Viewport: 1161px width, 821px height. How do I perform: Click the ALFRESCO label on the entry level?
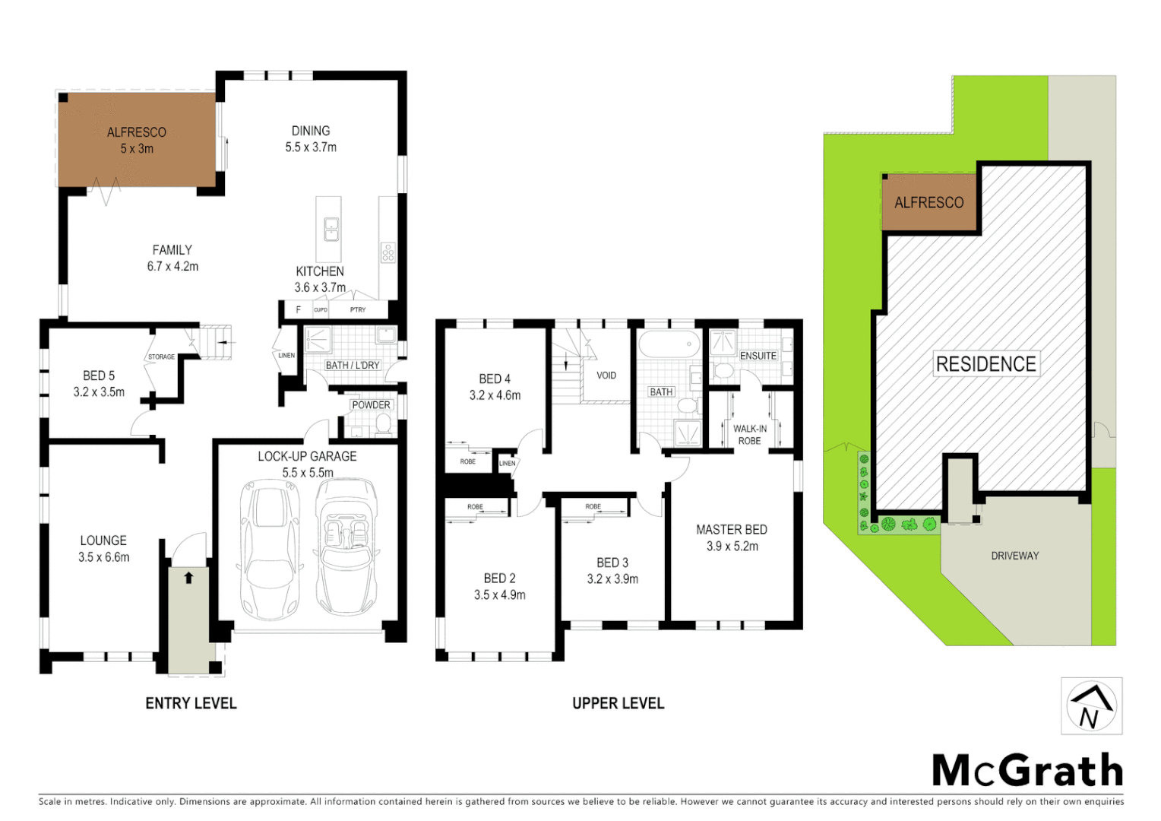(x=137, y=132)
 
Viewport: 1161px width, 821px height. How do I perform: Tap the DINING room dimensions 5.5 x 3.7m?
(x=311, y=147)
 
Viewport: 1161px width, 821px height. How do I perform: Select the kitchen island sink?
(x=331, y=229)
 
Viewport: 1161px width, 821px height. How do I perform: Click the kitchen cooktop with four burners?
(x=388, y=252)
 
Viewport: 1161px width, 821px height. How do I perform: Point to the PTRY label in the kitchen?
(x=358, y=310)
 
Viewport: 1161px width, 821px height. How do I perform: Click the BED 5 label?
(x=99, y=376)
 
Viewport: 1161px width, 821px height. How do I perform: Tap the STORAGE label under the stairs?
(x=161, y=357)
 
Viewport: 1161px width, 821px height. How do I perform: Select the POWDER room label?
(x=371, y=405)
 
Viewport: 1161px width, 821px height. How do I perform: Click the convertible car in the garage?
(x=346, y=547)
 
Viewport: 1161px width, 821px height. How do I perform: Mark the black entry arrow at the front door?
(x=188, y=578)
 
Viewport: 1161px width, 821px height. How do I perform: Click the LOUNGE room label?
(x=103, y=540)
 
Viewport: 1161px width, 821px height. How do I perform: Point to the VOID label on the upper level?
(x=606, y=376)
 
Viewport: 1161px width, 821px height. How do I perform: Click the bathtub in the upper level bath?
(x=669, y=344)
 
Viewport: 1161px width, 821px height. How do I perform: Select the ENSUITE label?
(x=758, y=356)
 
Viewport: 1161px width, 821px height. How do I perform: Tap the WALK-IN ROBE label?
(x=749, y=435)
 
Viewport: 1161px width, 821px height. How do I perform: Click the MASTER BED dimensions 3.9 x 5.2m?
(x=732, y=547)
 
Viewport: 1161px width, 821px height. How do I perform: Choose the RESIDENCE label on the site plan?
(x=985, y=364)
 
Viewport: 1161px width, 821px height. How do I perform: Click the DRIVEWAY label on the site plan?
(x=1014, y=556)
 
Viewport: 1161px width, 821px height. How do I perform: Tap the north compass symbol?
(x=1091, y=706)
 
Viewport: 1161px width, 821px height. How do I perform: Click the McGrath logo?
(x=1027, y=771)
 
